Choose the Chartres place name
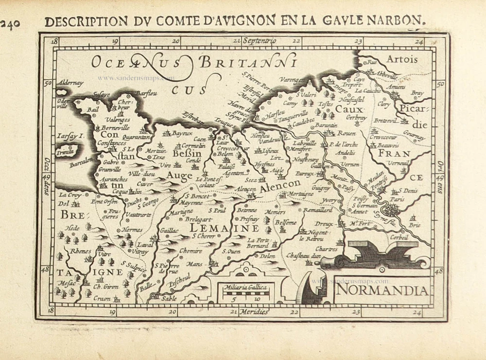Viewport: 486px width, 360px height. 326,249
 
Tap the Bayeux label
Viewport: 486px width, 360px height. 183,133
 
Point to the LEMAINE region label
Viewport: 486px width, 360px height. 224,227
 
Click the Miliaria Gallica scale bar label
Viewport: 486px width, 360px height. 246,287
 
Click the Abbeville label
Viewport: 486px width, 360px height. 385,69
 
